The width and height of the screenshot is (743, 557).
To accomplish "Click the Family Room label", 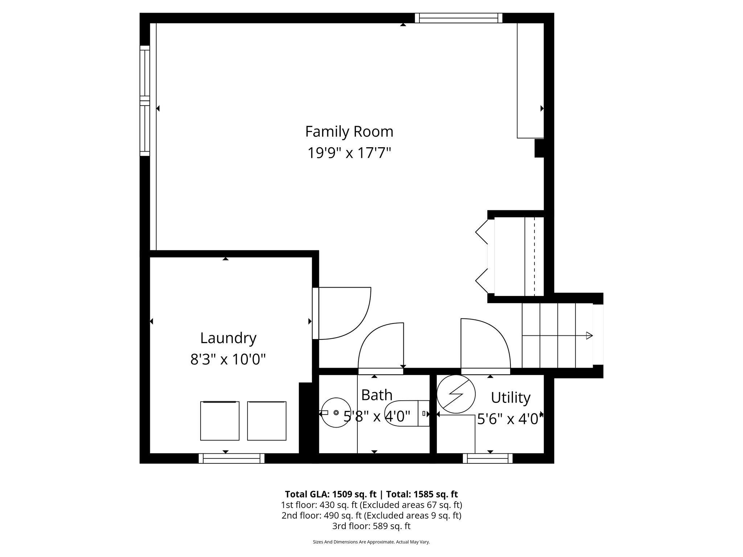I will click(349, 132).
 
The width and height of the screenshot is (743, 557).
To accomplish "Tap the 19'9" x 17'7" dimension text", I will click(349, 153).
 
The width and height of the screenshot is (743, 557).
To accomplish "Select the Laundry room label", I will click(228, 338).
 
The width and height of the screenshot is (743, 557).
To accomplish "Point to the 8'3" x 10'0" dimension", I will click(228, 359).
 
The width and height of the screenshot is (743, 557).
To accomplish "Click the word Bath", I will click(377, 395).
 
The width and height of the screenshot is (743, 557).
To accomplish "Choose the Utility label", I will click(510, 398).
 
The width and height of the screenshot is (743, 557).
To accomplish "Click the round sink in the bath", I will click(336, 413).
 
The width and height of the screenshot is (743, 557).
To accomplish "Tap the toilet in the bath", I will click(406, 413).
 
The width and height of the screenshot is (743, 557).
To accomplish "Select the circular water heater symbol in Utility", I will click(456, 394).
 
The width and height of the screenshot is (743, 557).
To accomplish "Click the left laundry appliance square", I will click(219, 421).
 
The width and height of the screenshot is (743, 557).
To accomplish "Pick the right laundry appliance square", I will click(267, 421).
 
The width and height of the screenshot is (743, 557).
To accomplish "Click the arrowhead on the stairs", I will click(589, 335).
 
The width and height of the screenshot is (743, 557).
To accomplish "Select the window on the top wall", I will click(459, 18).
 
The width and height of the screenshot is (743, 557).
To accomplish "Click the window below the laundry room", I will click(231, 459).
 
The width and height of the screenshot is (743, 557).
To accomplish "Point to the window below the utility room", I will click(488, 459).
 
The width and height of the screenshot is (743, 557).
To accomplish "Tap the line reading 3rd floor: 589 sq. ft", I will click(371, 526).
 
